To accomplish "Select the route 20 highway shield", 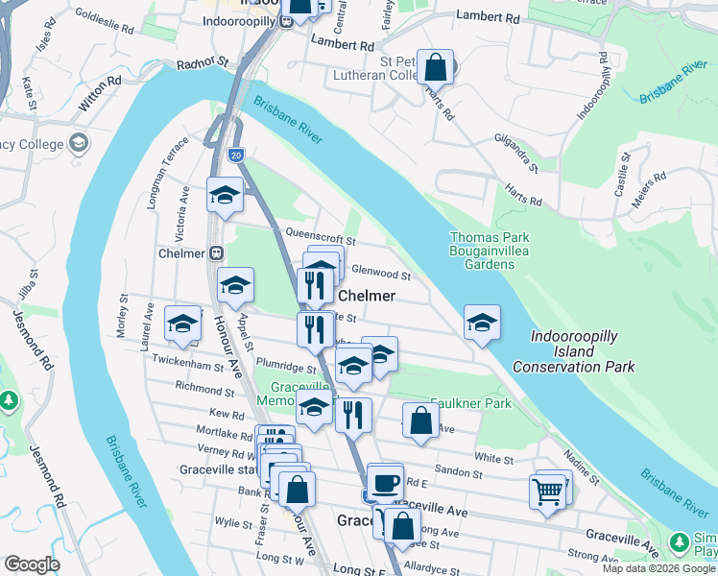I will click(236, 155).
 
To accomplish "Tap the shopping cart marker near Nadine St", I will click(547, 492).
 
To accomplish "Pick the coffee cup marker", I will click(386, 482).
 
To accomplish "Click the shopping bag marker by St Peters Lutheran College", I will click(436, 68).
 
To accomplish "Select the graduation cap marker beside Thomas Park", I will click(482, 324).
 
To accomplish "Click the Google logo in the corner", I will click(32, 564).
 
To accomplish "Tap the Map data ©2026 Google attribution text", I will click(658, 568).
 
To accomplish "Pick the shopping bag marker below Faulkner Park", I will click(420, 420).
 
